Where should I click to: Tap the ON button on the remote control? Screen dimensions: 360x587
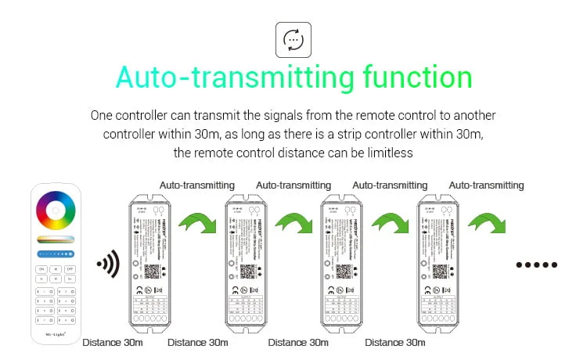pos(41,268)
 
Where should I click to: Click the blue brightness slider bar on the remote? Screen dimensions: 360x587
pos(56,253)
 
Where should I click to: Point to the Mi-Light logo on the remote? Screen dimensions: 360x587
pos(56,334)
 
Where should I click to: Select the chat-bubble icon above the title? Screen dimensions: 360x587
pos(293,40)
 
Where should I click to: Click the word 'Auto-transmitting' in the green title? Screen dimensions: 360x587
pos(224,78)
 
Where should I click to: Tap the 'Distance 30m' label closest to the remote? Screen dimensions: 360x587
pos(112,342)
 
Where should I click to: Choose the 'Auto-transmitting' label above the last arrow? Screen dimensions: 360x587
pos(487,185)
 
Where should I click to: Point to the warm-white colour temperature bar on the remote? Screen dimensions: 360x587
pos(56,239)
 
